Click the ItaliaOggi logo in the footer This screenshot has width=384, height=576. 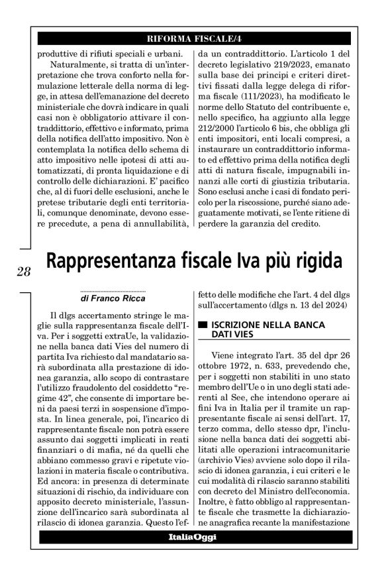pyautogui.click(x=192, y=538)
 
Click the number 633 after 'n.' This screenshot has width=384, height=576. pyautogui.click(x=275, y=367)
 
